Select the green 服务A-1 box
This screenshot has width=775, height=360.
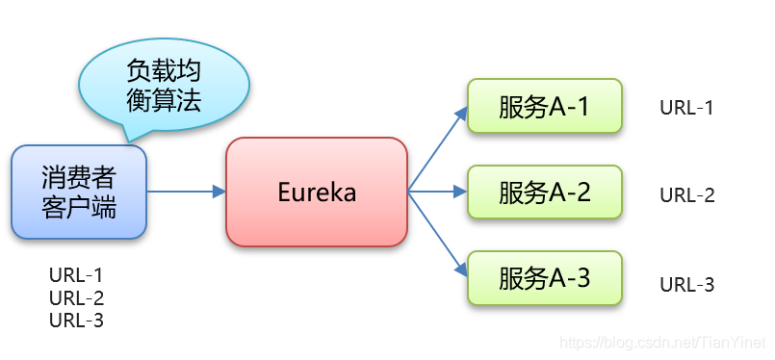[545, 106]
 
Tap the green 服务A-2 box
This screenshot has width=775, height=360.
[545, 193]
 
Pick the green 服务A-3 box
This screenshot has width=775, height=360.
[545, 279]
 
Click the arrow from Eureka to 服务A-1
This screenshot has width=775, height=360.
[438, 149]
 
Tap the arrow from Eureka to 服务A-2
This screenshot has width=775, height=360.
[438, 192]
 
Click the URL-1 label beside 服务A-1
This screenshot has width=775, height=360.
[686, 107]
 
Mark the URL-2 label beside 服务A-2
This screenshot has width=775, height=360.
[686, 195]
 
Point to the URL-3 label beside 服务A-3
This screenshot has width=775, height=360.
[686, 285]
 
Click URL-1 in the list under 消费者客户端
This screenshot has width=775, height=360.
[76, 276]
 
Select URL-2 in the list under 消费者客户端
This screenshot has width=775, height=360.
[76, 298]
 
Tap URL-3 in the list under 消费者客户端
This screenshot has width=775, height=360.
[76, 321]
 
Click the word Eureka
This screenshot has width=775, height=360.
[317, 193]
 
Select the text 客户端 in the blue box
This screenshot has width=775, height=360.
[79, 207]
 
